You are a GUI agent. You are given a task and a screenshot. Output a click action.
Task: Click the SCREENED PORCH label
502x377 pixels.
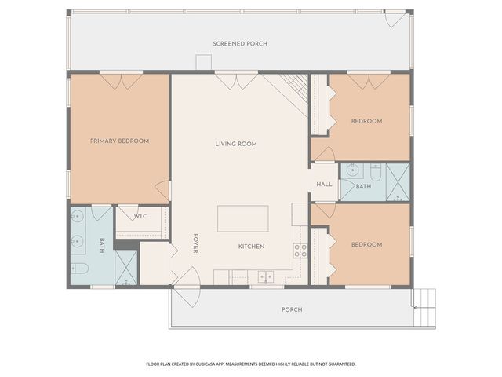240,44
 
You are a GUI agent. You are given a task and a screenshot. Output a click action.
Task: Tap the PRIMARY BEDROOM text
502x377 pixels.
119,141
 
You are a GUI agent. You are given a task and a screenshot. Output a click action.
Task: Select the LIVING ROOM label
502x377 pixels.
236,144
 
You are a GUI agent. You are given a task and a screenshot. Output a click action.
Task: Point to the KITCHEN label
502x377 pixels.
251,247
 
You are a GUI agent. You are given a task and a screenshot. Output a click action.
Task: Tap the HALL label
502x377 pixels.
324,185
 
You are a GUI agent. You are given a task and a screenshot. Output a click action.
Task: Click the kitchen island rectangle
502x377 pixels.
242,218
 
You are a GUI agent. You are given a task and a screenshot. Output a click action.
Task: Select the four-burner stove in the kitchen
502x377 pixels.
300,251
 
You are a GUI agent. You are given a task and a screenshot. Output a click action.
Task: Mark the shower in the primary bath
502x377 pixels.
126,267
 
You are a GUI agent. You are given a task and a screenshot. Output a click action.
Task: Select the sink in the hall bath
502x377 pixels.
352,169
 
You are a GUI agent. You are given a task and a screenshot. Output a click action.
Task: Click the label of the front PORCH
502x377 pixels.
292,309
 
